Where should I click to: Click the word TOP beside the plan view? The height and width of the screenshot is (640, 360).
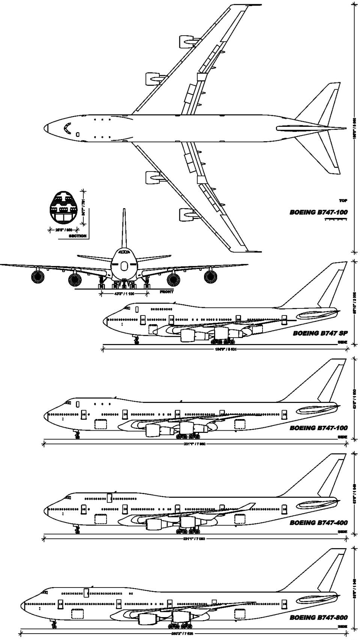(343, 201)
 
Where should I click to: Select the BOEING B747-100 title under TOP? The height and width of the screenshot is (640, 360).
(318, 212)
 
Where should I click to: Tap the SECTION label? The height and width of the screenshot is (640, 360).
(77, 236)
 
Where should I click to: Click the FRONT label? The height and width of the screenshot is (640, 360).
(166, 292)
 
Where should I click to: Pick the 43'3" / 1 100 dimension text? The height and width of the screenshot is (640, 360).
(124, 294)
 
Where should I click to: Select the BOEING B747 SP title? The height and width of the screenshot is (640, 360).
(320, 333)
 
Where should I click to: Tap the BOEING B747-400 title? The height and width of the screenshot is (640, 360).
(318, 523)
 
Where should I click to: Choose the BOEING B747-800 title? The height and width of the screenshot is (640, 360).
(318, 617)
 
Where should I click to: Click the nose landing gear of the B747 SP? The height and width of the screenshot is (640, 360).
(136, 340)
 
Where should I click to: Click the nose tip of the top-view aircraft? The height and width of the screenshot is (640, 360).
(45, 128)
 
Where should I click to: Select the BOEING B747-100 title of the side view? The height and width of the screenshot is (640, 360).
(318, 428)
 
